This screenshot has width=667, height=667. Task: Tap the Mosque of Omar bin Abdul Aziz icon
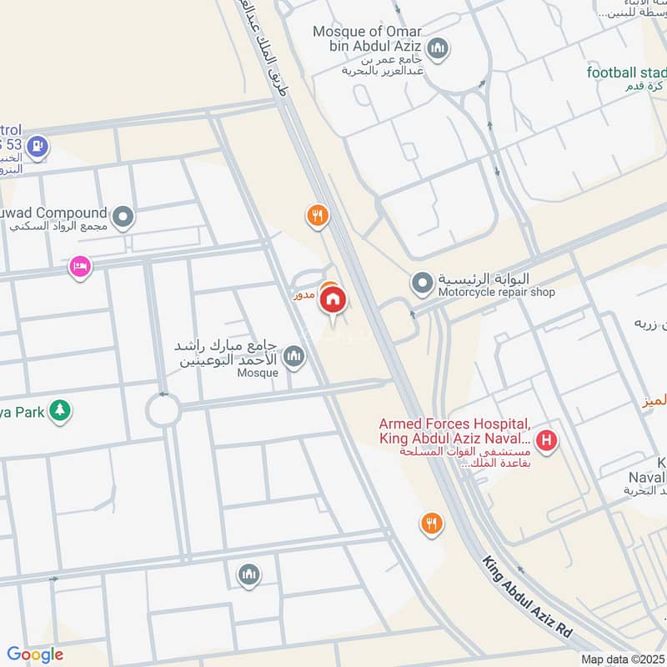point(438,48)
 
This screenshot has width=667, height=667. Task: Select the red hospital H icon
point(546,439)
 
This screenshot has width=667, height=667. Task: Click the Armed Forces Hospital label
point(455,431)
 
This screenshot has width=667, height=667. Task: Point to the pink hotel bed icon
point(80,267)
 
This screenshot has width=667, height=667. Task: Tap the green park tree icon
point(58,410)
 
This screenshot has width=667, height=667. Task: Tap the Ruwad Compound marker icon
point(123,218)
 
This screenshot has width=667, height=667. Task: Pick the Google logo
point(35,654)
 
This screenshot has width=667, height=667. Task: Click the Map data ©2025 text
point(621,659)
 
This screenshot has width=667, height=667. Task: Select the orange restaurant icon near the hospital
point(431,524)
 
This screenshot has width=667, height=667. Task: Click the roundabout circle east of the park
point(163,410)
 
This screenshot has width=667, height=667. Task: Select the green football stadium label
point(626,73)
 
